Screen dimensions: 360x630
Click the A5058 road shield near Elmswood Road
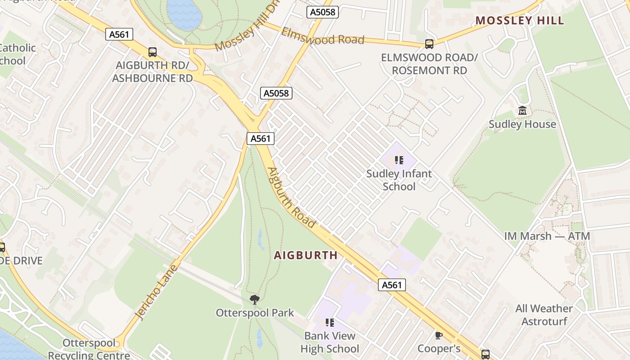323,12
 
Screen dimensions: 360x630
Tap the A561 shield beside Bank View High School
391,284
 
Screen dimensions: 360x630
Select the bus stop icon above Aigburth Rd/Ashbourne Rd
153,52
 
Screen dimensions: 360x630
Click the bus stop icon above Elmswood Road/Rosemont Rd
429,44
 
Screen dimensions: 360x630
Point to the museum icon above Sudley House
522,110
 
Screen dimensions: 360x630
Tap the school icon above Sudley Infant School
399,160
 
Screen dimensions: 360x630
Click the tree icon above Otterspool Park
255,299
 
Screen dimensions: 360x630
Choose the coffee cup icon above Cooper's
439,335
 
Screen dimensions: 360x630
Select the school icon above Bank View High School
329,323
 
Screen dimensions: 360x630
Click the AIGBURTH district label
306,255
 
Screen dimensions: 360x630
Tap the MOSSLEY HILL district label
520,21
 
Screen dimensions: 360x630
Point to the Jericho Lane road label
157,292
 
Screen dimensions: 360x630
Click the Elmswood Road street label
323,36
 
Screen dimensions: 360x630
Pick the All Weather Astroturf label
544,315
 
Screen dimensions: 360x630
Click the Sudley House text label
522,124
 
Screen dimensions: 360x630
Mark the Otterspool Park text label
255,313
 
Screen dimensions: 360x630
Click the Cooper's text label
439,349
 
